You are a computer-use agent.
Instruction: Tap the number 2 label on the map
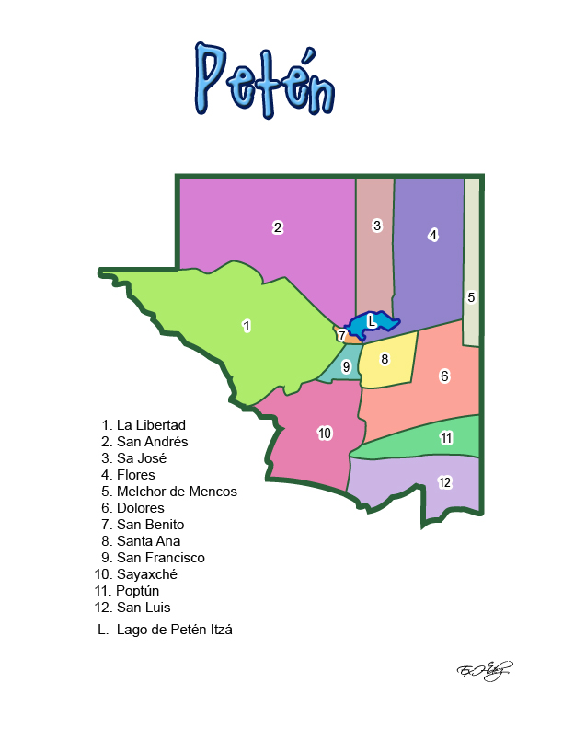point(277,227)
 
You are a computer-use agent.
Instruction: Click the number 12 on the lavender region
point(444,482)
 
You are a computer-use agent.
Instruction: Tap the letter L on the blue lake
point(371,320)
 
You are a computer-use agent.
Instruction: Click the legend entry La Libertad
point(151,425)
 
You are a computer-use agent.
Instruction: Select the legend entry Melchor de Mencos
point(177,492)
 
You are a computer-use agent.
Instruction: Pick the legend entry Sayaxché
point(146,574)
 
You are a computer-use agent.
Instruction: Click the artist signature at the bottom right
point(484,669)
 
